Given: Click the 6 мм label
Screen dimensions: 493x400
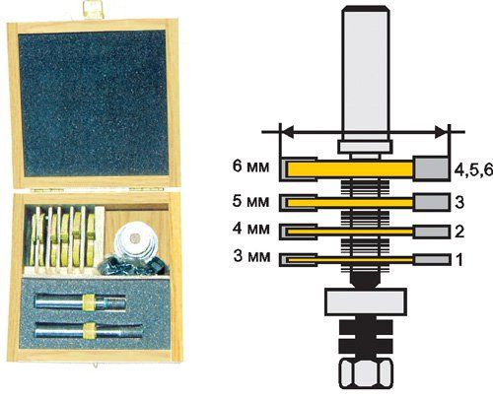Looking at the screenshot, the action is click(x=250, y=167).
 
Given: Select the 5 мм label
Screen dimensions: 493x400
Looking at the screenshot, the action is click(x=250, y=201).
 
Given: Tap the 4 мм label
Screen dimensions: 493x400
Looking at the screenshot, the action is click(x=250, y=229).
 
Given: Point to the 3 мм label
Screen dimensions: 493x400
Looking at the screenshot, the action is click(x=251, y=256).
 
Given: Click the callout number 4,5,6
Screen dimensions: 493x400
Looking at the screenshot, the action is click(x=473, y=169).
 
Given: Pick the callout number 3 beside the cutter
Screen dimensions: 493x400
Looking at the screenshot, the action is click(x=459, y=202).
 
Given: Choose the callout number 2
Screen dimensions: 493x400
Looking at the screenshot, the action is click(x=459, y=232).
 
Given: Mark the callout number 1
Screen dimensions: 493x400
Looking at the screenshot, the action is click(x=459, y=259).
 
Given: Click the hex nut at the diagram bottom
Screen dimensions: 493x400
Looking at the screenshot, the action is click(x=366, y=373).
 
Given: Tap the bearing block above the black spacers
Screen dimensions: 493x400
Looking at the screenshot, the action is click(x=366, y=301).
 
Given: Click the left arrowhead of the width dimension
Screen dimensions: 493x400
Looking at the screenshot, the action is click(x=288, y=132).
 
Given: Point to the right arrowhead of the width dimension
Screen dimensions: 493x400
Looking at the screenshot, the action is click(x=442, y=132).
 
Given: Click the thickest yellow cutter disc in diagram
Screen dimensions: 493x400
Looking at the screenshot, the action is click(x=350, y=169).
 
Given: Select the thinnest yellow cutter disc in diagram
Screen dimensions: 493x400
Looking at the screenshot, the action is click(x=350, y=260).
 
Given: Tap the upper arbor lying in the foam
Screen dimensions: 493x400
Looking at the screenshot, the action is click(x=80, y=301).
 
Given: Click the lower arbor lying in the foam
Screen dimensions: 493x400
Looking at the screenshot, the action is click(x=89, y=331).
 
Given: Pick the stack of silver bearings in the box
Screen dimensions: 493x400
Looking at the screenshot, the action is click(x=135, y=243).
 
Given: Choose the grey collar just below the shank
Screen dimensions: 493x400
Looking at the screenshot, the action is click(x=366, y=147).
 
